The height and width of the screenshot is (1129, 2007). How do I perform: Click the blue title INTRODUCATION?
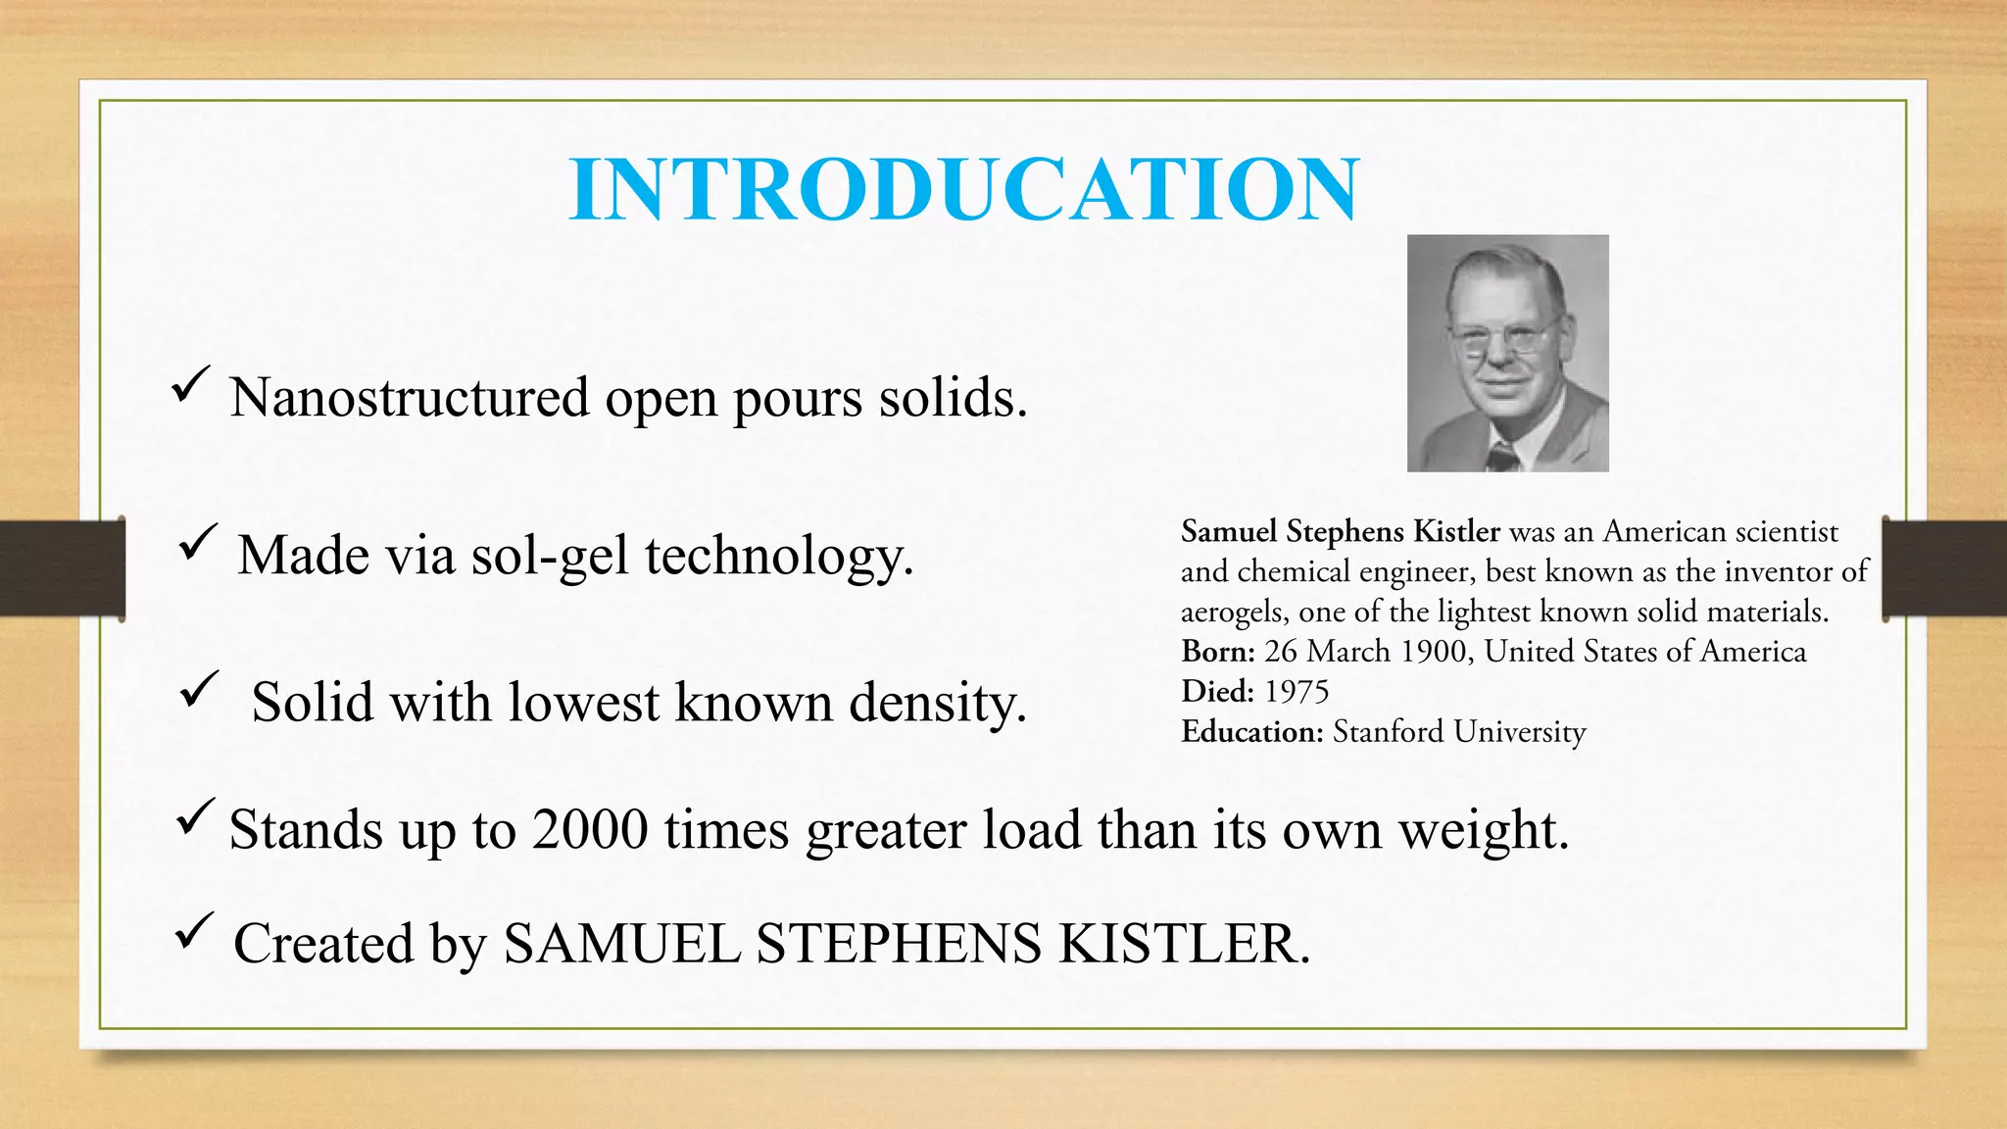[x=964, y=189]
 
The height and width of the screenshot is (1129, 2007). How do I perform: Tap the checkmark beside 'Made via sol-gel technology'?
[x=198, y=541]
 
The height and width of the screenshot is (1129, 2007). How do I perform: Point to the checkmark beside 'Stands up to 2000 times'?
[x=195, y=815]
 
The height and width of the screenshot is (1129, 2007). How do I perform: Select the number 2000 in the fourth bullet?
[x=590, y=830]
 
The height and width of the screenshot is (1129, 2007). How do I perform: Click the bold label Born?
[x=1217, y=652]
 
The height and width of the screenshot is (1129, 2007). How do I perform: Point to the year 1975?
[x=1297, y=692]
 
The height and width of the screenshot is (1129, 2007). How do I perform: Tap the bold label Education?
[x=1252, y=732]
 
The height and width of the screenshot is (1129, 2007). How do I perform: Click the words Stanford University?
[x=1459, y=732]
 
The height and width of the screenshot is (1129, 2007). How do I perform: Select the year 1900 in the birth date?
[x=1432, y=652]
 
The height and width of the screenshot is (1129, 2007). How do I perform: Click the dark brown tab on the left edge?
[x=62, y=568]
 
